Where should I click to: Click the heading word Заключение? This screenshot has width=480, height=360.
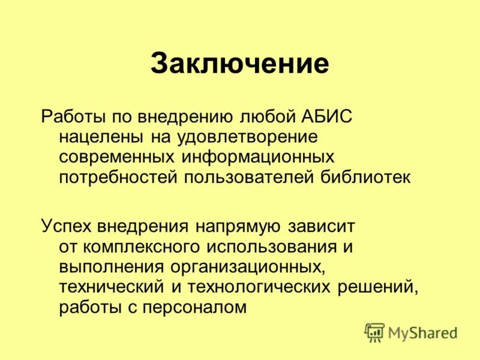[x=239, y=63]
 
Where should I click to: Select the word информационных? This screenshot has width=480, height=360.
[x=253, y=157]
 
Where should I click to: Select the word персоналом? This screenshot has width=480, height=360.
[x=196, y=307]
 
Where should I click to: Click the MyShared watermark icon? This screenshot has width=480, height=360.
[x=374, y=332]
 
